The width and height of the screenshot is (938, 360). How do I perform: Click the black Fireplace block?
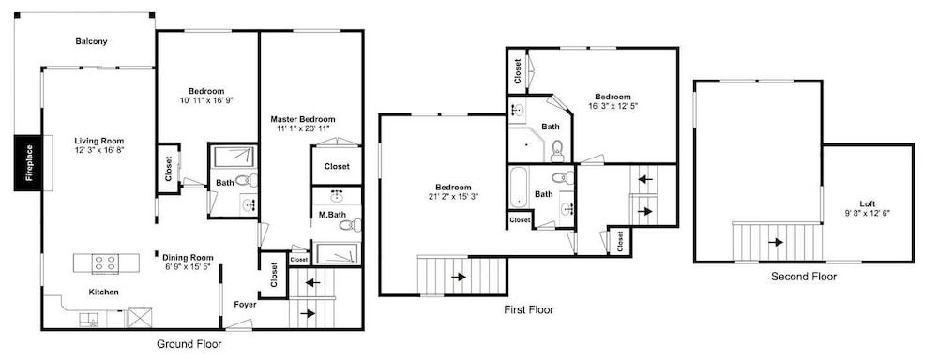click(x=29, y=163)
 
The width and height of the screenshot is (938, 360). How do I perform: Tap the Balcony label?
click(x=92, y=42)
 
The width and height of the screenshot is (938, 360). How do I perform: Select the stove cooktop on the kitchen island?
click(x=105, y=263)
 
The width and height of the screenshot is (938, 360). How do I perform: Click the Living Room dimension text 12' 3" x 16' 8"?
click(x=99, y=149)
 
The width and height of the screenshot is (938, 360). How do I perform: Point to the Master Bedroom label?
click(x=303, y=119)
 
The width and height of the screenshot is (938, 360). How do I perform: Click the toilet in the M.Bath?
click(x=351, y=225)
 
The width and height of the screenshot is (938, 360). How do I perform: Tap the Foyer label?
click(x=245, y=305)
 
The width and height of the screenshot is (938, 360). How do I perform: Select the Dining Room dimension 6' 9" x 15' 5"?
click(x=188, y=266)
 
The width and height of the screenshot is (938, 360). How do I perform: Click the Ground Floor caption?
click(x=189, y=344)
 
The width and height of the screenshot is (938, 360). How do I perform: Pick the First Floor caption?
click(x=529, y=309)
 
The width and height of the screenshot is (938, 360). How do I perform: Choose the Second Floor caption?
click(x=804, y=277)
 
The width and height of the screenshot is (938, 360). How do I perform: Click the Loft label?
click(x=868, y=203)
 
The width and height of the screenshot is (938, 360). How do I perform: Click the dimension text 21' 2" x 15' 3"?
click(x=453, y=196)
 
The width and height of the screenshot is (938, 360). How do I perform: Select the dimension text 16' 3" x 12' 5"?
click(x=613, y=106)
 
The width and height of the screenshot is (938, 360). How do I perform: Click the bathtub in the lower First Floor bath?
click(x=518, y=187)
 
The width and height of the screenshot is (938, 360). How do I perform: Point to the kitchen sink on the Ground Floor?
click(x=88, y=320)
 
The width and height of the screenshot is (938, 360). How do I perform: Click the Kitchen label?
click(x=103, y=292)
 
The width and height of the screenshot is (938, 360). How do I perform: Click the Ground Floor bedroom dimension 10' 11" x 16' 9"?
click(x=206, y=100)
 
